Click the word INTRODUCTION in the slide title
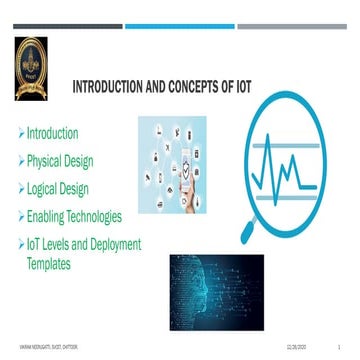113,88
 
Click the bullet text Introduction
52,133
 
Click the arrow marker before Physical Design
19,160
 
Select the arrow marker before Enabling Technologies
19,216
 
